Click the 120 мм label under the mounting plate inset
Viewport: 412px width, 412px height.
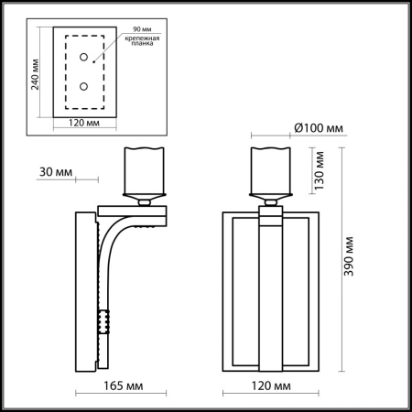(x=84, y=122)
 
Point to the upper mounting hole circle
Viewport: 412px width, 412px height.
(x=84, y=59)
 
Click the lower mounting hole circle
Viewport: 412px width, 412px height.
(x=84, y=86)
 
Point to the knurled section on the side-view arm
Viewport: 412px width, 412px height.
(x=104, y=321)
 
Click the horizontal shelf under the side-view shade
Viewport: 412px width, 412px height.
(x=143, y=212)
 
